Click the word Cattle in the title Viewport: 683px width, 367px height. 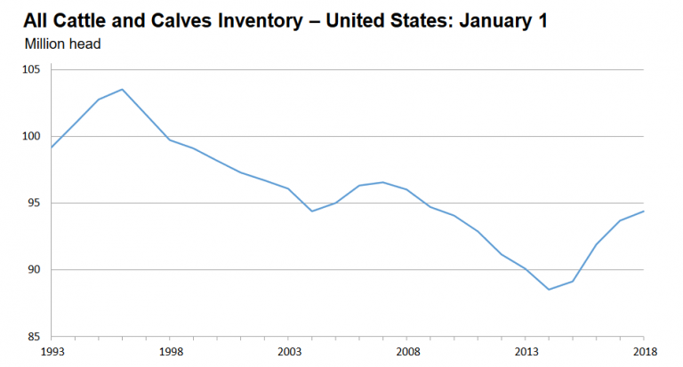[x=79, y=20]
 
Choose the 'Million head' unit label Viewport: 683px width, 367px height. [x=63, y=42]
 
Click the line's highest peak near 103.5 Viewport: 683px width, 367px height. [x=122, y=89]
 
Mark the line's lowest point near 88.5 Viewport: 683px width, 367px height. [x=549, y=290]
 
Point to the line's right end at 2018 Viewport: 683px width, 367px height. [x=643, y=211]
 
